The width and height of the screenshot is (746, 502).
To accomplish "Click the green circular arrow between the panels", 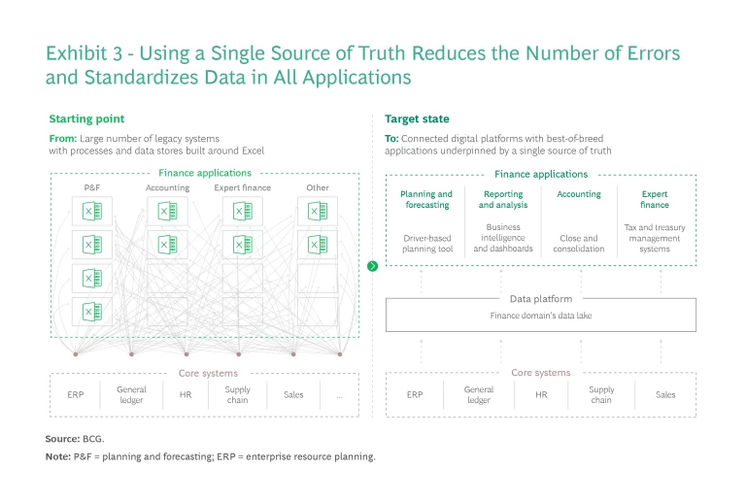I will [373, 265].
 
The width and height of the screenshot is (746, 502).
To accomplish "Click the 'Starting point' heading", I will [86, 118].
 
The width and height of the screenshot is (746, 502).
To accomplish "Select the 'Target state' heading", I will [417, 118].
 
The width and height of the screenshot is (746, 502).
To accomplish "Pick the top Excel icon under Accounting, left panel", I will [166, 211].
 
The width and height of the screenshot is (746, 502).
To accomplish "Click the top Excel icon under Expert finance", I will [242, 211].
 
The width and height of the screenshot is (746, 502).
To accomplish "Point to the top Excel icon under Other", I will [317, 211].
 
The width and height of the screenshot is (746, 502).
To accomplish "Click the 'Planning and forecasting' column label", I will [426, 199].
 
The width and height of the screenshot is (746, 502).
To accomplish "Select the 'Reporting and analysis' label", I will [503, 199].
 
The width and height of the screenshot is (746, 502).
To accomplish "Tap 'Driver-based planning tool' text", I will [426, 243].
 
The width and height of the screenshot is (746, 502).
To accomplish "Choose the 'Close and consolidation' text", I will [579, 243].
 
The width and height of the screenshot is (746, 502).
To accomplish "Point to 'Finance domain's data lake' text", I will [541, 317].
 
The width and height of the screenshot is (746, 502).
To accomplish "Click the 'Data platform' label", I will [541, 299].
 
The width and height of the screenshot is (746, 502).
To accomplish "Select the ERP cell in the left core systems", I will [76, 395].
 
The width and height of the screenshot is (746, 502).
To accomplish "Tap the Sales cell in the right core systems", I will [665, 395].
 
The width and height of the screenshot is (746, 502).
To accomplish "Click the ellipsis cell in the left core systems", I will [339, 395].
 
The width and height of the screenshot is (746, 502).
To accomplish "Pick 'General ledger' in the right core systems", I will [478, 395].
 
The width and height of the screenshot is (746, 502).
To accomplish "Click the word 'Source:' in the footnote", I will [62, 439].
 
